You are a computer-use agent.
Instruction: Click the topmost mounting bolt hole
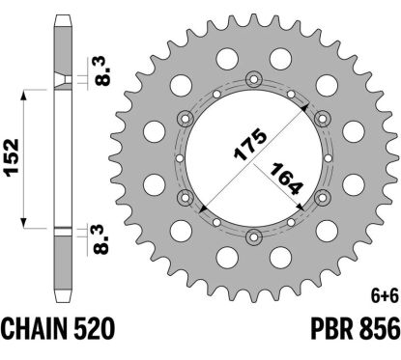coord(252,78)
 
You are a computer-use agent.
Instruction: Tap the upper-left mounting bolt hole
coord(185,118)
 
